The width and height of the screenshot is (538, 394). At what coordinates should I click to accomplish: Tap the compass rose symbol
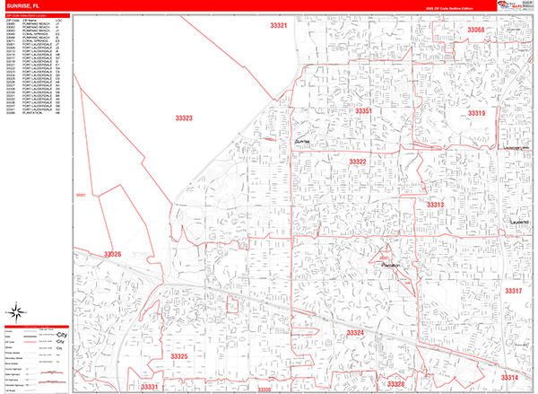point(16,311)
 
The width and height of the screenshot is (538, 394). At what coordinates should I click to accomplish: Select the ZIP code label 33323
point(184,118)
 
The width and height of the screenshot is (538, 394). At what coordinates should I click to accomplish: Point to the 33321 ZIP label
point(279,26)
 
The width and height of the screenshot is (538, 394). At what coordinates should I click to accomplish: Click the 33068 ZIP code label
point(475,30)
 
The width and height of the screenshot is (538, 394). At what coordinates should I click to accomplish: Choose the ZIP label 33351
point(363,110)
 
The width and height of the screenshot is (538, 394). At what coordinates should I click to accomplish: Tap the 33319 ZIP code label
point(476,113)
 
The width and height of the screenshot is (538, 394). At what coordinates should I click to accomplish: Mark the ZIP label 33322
point(358,162)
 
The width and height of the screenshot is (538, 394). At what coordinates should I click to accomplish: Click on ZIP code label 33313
point(436,206)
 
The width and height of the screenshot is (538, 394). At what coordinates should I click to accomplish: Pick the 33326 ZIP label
point(112,255)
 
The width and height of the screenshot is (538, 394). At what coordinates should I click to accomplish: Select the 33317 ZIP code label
point(512,292)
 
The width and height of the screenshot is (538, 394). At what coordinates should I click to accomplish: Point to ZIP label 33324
point(356,333)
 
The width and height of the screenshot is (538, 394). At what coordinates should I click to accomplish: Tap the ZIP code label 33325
point(179,357)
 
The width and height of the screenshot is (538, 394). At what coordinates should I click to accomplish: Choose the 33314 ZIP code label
point(509,378)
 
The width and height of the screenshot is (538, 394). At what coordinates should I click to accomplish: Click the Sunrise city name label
point(302,142)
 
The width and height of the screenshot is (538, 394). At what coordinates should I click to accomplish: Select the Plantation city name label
point(388,267)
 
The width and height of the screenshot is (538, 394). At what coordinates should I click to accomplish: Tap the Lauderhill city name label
point(520,221)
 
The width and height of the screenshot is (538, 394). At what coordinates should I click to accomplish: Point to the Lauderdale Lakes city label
point(517,147)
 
